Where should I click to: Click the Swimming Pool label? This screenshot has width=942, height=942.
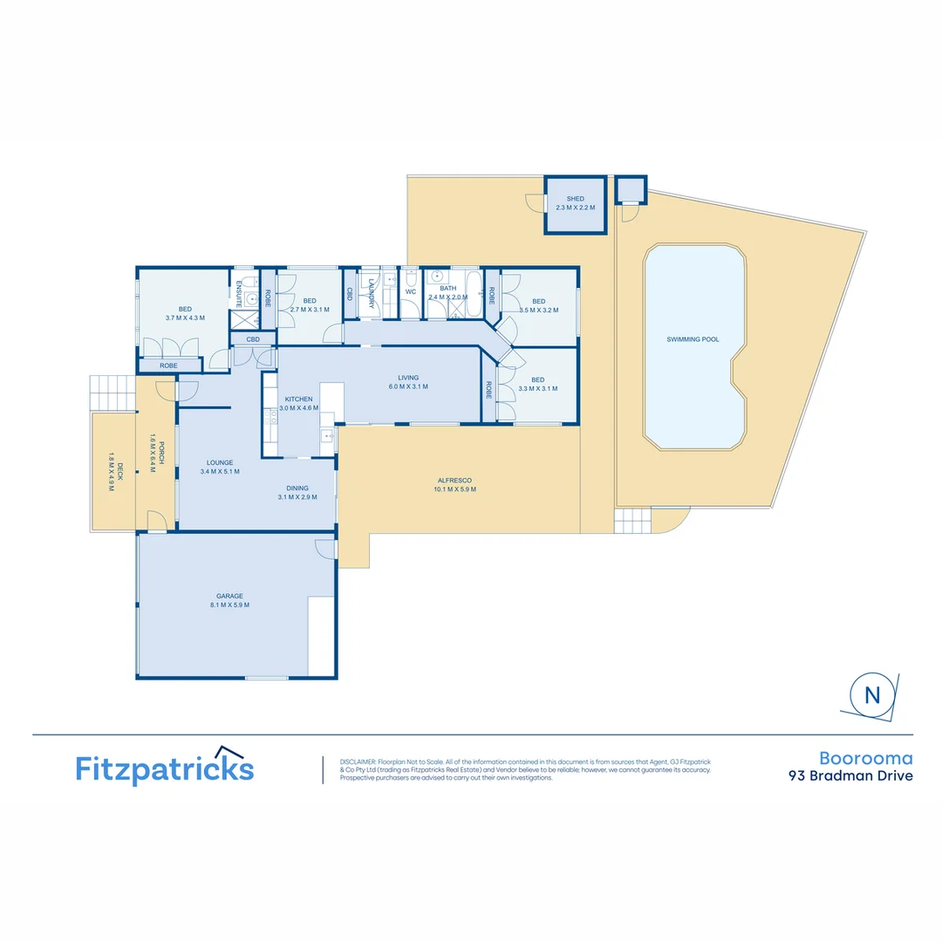[693, 339]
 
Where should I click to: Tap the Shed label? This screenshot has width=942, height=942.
[575, 199]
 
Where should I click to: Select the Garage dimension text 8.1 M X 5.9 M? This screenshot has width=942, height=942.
[229, 605]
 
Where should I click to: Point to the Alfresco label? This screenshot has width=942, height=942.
[454, 481]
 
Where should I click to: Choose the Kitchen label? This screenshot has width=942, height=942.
[298, 399]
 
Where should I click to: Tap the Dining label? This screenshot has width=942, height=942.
[297, 488]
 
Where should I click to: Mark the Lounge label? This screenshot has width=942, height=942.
[219, 462]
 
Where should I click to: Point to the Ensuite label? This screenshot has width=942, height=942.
[238, 294]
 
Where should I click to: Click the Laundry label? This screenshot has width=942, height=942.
[372, 292]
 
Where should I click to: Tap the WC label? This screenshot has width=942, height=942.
[410, 291]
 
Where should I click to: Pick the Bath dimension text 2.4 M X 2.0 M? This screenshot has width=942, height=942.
[447, 297]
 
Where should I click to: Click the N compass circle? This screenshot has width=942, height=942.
[871, 695]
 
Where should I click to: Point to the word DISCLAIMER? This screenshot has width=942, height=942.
[358, 761]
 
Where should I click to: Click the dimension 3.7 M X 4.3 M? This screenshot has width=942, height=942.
[185, 317]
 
